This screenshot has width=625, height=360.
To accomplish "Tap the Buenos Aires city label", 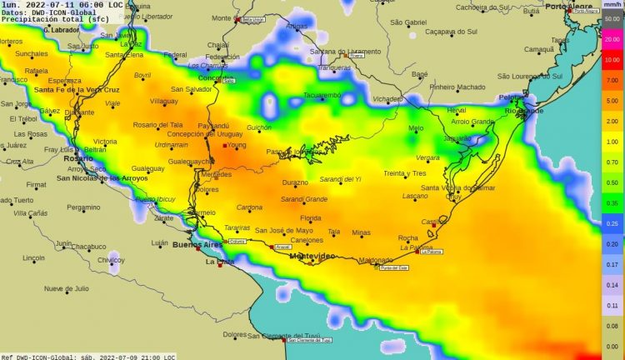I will point(197,245).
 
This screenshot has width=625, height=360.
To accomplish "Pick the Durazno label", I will point(295,182).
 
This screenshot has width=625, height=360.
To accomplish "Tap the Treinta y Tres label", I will point(405,173).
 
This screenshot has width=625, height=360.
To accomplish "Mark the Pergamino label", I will point(83,207).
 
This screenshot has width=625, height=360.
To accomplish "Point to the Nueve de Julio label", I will point(67,288).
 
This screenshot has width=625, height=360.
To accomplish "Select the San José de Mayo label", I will point(283,231).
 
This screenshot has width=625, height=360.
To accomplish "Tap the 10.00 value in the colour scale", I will point(612,60).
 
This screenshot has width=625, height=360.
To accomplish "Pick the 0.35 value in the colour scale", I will point(612,203).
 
